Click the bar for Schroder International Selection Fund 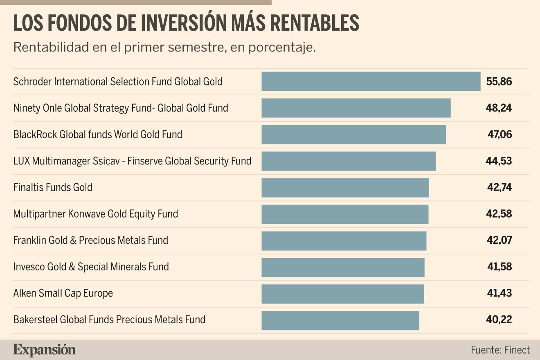pos(371,81)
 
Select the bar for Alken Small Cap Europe pos(342,294)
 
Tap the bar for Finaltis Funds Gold pos(345,188)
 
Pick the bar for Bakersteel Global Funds pos(340,320)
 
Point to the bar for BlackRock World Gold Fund pos(353,135)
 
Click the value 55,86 pos(499,82)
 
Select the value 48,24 pos(499,108)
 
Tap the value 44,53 pos(499,161)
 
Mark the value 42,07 pos(499,241)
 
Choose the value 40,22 pos(499,320)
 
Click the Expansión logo pos(45,350)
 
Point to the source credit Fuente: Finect pos(500,350)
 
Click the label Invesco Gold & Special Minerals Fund pos(91,267)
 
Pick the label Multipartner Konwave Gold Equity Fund pos(95,214)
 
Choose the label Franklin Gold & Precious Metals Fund pos(90,240)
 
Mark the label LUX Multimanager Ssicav pos(132,161)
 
